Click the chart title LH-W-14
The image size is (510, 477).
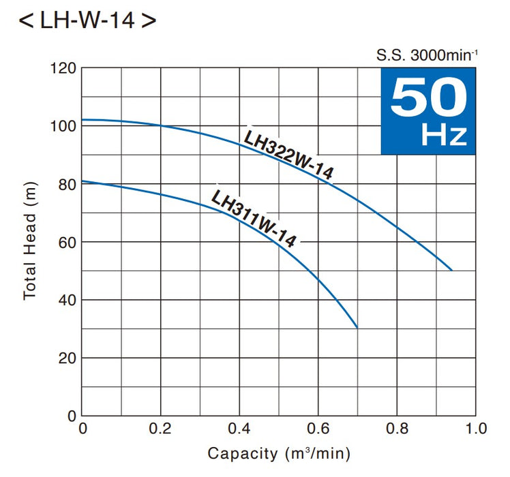(x=87, y=20)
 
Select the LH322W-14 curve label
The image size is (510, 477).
(x=288, y=154)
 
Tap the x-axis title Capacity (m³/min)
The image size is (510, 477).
(x=279, y=453)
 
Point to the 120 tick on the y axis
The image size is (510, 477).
(x=63, y=69)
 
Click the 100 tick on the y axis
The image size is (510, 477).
(x=63, y=127)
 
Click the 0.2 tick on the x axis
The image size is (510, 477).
(x=161, y=429)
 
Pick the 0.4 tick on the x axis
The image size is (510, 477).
(x=239, y=429)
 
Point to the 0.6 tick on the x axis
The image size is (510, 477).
(x=318, y=429)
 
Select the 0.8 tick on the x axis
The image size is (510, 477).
(x=397, y=429)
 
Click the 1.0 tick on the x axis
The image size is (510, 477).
(x=475, y=429)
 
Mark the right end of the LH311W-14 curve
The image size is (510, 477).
(x=357, y=327)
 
